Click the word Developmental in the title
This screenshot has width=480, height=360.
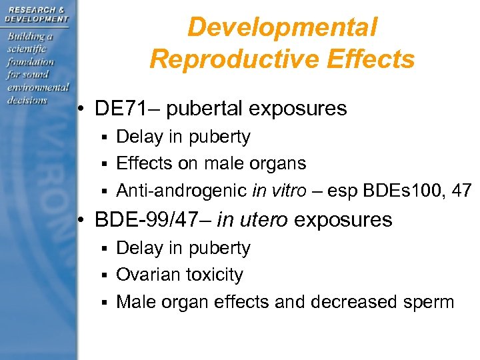(282, 28)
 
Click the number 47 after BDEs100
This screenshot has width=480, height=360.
(461, 191)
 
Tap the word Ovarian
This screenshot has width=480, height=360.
(148, 275)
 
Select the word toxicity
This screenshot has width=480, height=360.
(215, 275)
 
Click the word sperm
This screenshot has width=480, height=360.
(427, 302)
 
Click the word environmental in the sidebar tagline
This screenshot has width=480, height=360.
(39, 87)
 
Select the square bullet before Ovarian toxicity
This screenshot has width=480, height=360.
(104, 275)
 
